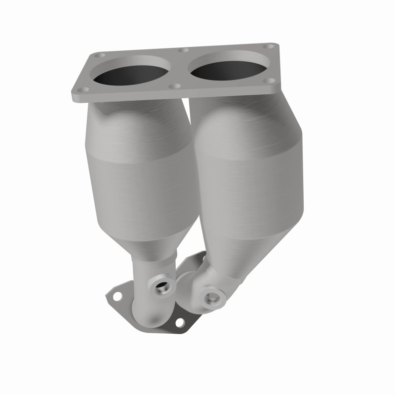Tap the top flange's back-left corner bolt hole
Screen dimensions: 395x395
[102, 55]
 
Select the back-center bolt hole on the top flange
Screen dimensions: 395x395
[186, 50]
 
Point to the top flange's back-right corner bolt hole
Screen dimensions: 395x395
[269, 46]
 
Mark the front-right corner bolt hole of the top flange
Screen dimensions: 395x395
[270, 80]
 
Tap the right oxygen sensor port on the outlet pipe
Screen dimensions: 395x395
[212, 297]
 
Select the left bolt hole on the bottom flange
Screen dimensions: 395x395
[118, 297]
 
